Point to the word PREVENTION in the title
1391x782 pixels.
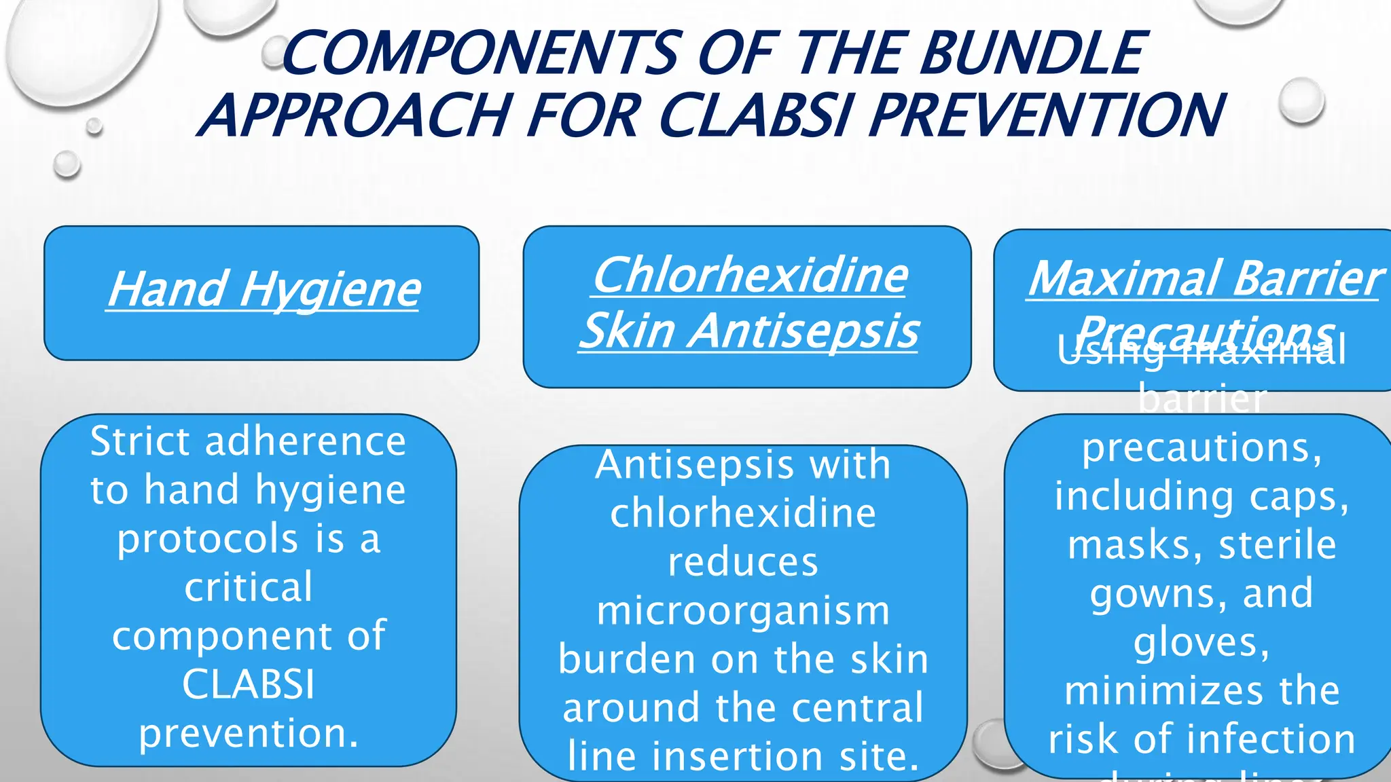(1047, 114)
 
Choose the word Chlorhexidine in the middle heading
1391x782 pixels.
(750, 276)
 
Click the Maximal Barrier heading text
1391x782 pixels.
(1204, 279)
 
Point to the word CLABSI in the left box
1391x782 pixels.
(249, 684)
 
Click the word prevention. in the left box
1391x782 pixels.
(249, 733)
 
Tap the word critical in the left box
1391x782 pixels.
(249, 587)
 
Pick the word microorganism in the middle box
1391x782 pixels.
(743, 610)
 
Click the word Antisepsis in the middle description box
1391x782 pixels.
(685, 465)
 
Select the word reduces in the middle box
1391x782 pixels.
(743, 562)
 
